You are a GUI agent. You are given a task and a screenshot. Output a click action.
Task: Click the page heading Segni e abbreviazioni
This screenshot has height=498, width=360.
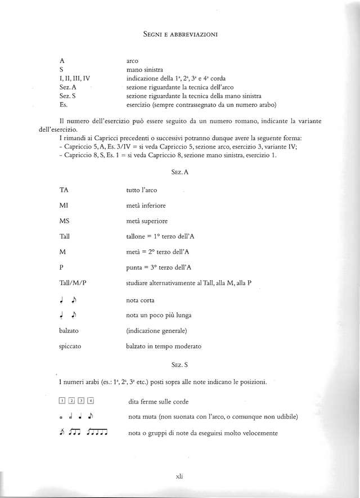coord(180,35)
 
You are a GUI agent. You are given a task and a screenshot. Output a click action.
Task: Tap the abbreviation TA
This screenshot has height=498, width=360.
coord(64,191)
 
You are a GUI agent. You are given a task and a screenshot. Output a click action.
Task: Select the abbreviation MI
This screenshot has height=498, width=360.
coord(64,206)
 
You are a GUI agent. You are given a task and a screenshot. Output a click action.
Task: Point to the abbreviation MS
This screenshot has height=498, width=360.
coord(64,221)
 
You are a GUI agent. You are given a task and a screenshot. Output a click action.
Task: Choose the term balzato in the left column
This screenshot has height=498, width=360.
coord(70,330)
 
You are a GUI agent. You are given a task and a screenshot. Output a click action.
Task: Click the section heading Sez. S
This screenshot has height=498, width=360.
coord(180,365)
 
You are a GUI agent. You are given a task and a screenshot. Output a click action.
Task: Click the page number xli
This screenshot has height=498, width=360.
coord(180,475)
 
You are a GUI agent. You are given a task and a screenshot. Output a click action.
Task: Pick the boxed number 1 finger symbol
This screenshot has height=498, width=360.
coord(62,401)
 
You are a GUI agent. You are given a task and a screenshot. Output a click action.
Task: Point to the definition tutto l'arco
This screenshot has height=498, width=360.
coord(141,191)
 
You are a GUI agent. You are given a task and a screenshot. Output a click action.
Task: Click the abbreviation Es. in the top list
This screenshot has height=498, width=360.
coord(63,104)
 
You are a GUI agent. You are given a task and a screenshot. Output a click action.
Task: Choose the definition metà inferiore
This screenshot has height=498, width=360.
coord(146,206)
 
